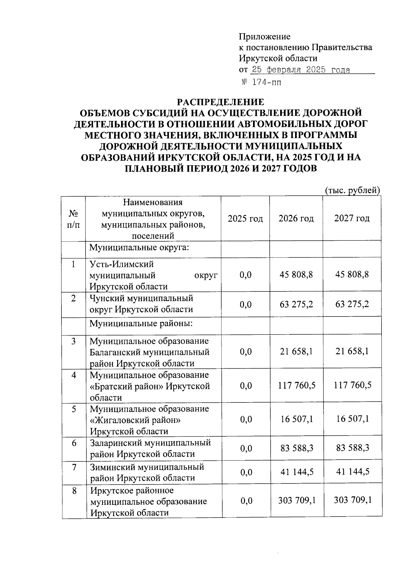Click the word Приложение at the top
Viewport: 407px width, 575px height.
click(265, 36)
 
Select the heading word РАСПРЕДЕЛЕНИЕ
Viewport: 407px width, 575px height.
click(221, 102)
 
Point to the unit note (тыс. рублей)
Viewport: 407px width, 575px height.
click(352, 190)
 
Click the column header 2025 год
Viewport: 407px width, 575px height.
click(245, 219)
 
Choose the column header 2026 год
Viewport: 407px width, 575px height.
click(296, 219)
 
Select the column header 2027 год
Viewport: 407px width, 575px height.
click(352, 219)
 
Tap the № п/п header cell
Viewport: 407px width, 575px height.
click(74, 219)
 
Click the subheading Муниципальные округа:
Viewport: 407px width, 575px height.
click(139, 247)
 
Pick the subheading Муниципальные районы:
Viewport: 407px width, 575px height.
click(141, 324)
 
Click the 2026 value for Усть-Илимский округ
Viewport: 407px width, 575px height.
click(296, 274)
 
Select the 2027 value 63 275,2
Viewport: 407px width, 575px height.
click(352, 304)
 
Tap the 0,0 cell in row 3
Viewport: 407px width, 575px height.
click(246, 352)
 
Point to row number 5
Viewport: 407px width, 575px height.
click(74, 409)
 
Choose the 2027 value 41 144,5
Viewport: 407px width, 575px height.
click(352, 471)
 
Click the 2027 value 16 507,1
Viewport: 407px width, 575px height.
click(352, 419)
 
